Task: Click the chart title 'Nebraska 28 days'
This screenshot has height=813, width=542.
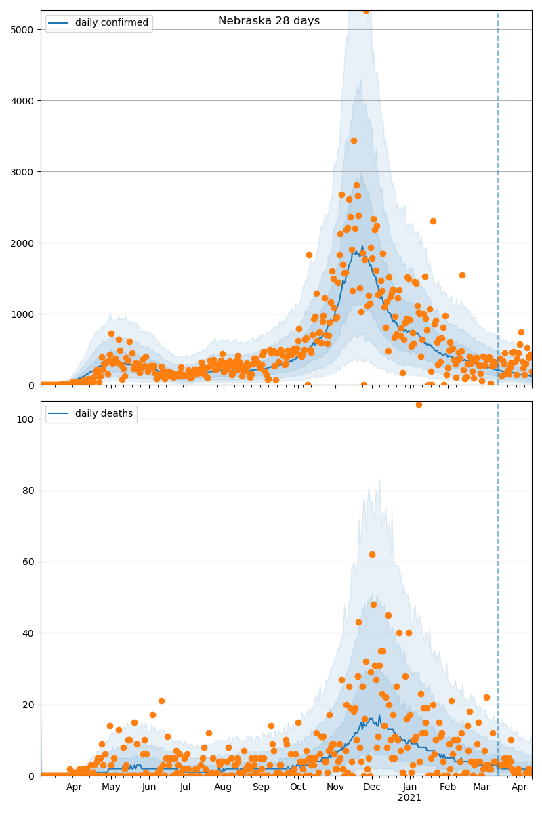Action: point(269,21)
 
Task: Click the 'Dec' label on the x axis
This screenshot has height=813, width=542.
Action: point(371,787)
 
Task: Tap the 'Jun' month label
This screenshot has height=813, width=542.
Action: point(149,787)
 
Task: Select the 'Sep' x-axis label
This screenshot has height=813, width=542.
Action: point(261,787)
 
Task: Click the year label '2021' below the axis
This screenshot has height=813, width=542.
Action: point(409,798)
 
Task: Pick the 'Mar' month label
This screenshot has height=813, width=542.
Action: point(482,787)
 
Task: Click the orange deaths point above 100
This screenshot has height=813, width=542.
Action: point(419,404)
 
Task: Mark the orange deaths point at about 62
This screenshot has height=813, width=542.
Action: point(372,554)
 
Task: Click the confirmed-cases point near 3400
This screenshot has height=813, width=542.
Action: point(354,140)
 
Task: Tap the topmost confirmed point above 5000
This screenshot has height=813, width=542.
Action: point(366,10)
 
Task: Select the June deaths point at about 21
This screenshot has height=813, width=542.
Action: point(161,701)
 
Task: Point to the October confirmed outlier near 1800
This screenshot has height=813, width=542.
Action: point(309,255)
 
